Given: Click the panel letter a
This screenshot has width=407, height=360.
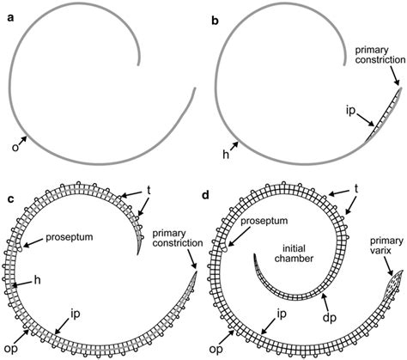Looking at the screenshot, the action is tap(10, 18).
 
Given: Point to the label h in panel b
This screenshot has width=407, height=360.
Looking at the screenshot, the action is tap(226, 155).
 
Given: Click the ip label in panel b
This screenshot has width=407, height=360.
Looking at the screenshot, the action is tap(350, 112).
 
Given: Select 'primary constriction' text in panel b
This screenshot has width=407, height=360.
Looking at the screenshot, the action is tap(380, 55).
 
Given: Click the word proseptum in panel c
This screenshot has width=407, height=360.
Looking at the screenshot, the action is tap(70, 237).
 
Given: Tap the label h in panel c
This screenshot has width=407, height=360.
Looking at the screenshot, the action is tap(37, 280).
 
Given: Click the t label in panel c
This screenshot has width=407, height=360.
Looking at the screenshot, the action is tap(149, 191).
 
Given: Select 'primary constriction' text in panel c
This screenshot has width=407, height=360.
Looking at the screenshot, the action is tap(178, 238).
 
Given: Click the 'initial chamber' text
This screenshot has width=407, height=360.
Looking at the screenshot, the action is tap(294, 253).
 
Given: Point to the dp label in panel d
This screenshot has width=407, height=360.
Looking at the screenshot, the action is tap(330, 319).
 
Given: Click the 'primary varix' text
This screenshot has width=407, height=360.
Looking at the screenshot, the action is tap(386, 246).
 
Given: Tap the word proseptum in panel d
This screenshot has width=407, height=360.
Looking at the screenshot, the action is tap(264, 221).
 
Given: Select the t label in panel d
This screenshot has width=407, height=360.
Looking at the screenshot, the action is tap(356, 189).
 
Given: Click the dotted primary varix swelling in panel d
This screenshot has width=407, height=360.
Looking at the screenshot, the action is tap(395, 281).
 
